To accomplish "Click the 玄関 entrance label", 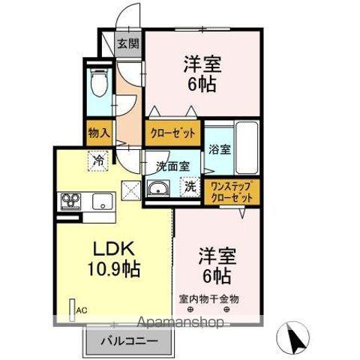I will (127, 43).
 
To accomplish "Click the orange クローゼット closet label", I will (172, 132).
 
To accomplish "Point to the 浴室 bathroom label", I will (220, 148).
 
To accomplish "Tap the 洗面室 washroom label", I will (172, 166).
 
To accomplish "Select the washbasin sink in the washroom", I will (159, 188).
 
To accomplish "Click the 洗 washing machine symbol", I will (190, 187).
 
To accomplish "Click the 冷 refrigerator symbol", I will (98, 158).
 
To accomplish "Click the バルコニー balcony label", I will (131, 341).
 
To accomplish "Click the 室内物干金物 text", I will (208, 298).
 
